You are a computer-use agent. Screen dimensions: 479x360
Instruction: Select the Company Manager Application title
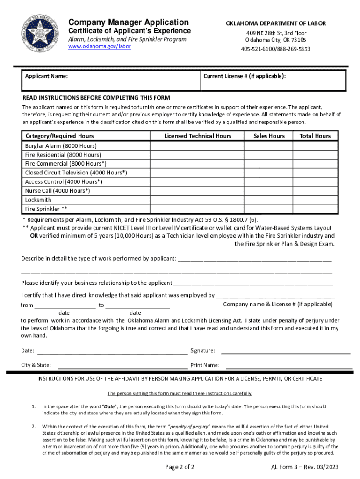129,22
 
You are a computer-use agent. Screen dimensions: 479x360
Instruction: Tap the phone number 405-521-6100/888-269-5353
275,49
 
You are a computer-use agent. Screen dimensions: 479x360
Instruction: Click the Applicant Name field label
46,76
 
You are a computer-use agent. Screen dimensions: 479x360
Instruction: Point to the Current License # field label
245,76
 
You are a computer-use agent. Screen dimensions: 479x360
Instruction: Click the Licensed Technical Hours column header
198,136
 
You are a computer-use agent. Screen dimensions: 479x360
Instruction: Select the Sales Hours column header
269,136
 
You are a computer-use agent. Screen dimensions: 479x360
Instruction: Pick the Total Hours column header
315,136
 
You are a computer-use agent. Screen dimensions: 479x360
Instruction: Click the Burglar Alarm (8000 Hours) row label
61,146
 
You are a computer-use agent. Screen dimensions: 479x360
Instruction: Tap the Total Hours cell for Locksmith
315,200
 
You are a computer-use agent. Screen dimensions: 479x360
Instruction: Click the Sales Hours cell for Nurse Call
269,191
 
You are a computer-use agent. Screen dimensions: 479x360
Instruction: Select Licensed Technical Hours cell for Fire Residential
198,155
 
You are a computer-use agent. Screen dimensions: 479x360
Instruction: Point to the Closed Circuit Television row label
76,173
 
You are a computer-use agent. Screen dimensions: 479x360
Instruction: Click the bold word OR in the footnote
28,236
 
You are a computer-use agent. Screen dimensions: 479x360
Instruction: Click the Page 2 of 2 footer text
180,467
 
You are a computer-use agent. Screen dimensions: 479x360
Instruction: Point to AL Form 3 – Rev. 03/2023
305,467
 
